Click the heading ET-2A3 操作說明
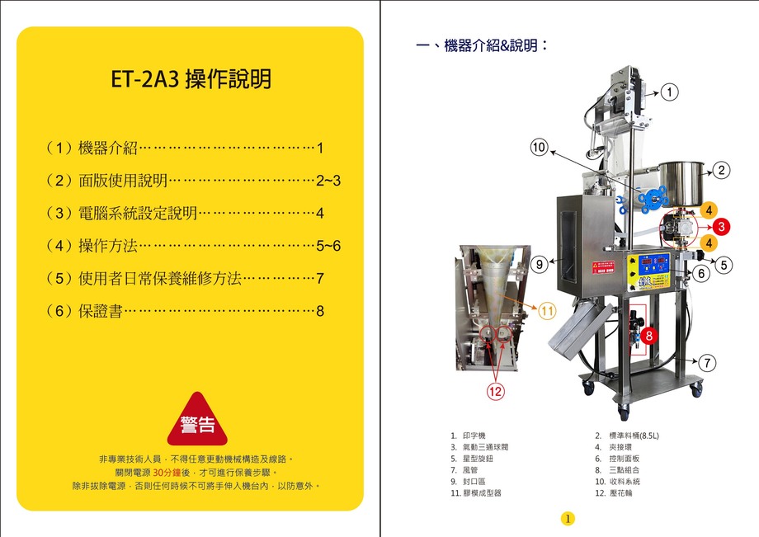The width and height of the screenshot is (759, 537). (191, 80)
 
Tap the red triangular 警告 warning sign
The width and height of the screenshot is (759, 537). (197, 422)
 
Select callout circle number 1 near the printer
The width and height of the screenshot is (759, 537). (671, 92)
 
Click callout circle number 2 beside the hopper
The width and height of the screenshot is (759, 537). (721, 171)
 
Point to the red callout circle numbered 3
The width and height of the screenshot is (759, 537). (721, 225)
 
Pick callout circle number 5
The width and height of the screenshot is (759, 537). (724, 265)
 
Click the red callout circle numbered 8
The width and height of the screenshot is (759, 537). (649, 336)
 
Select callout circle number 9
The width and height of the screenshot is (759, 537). (540, 265)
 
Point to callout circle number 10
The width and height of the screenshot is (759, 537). (539, 148)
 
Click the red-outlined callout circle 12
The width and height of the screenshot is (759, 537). (494, 393)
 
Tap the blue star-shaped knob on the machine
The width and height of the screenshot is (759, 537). (656, 197)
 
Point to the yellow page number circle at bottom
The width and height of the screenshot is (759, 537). (568, 518)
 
